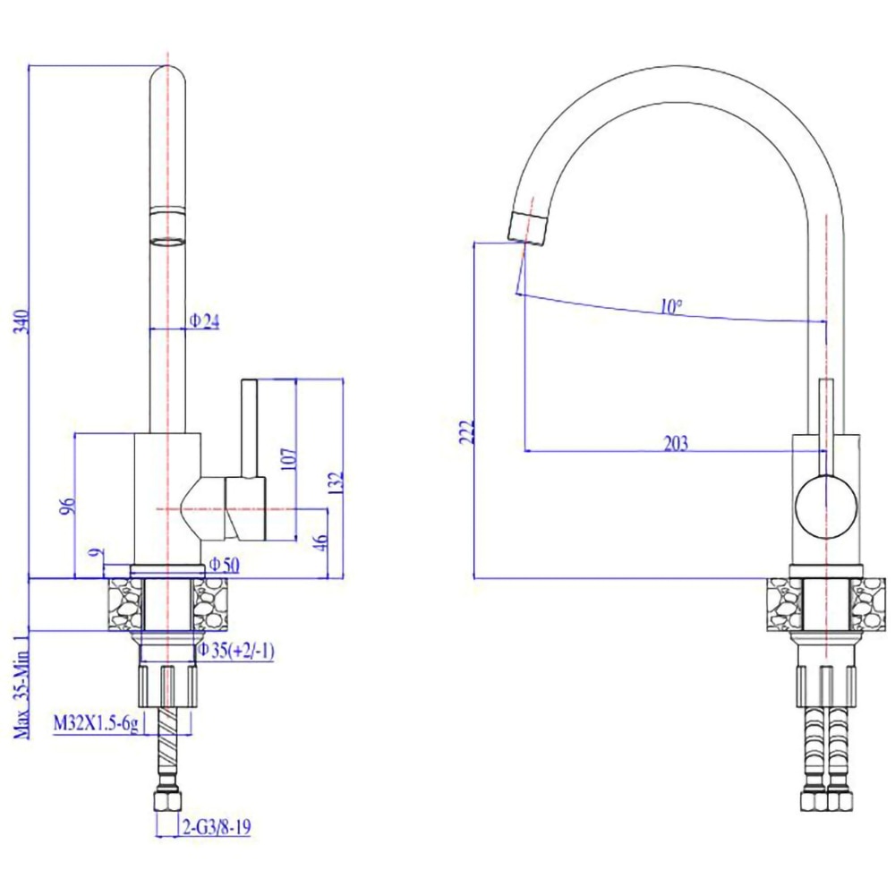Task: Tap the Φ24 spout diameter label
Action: point(204,320)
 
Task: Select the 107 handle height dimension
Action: point(286,457)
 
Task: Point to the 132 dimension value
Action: point(334,482)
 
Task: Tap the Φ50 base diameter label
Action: point(224,564)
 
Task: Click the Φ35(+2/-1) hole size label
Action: point(235,651)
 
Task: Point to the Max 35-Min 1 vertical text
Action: point(20,685)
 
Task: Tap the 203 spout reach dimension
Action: point(676,443)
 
